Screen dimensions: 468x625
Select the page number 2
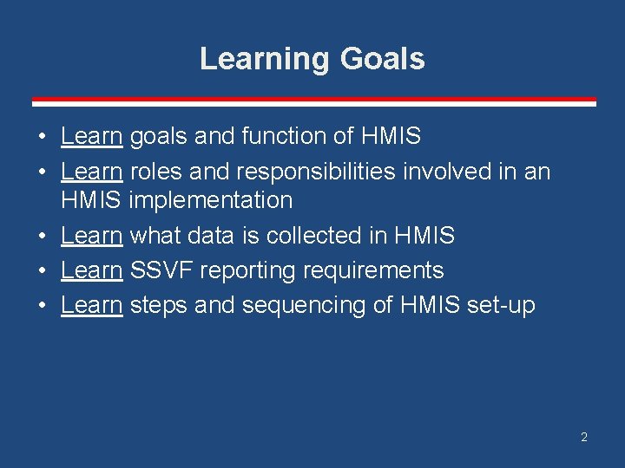[584, 437]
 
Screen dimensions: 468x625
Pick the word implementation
[211, 201]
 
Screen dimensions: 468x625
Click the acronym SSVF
[161, 270]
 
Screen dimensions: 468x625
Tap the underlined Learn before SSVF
[91, 270]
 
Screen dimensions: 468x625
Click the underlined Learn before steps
[91, 305]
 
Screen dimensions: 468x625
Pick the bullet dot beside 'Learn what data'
[42, 236]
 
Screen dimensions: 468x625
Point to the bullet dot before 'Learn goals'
[42, 136]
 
